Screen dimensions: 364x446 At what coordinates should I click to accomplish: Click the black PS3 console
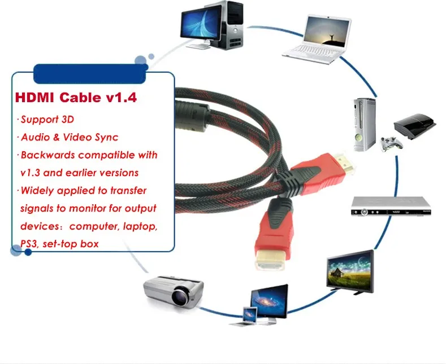415,126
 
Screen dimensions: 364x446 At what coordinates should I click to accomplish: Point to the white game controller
388,142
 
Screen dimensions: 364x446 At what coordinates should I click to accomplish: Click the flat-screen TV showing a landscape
350,269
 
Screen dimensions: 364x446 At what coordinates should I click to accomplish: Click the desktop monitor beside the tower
198,24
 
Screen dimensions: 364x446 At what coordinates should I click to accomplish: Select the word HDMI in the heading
36,98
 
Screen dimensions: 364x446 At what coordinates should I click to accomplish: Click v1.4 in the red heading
121,98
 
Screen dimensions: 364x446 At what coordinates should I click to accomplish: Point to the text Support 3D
47,119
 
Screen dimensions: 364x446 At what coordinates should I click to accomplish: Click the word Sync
107,137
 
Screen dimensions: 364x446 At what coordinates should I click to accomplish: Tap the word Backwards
47,155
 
